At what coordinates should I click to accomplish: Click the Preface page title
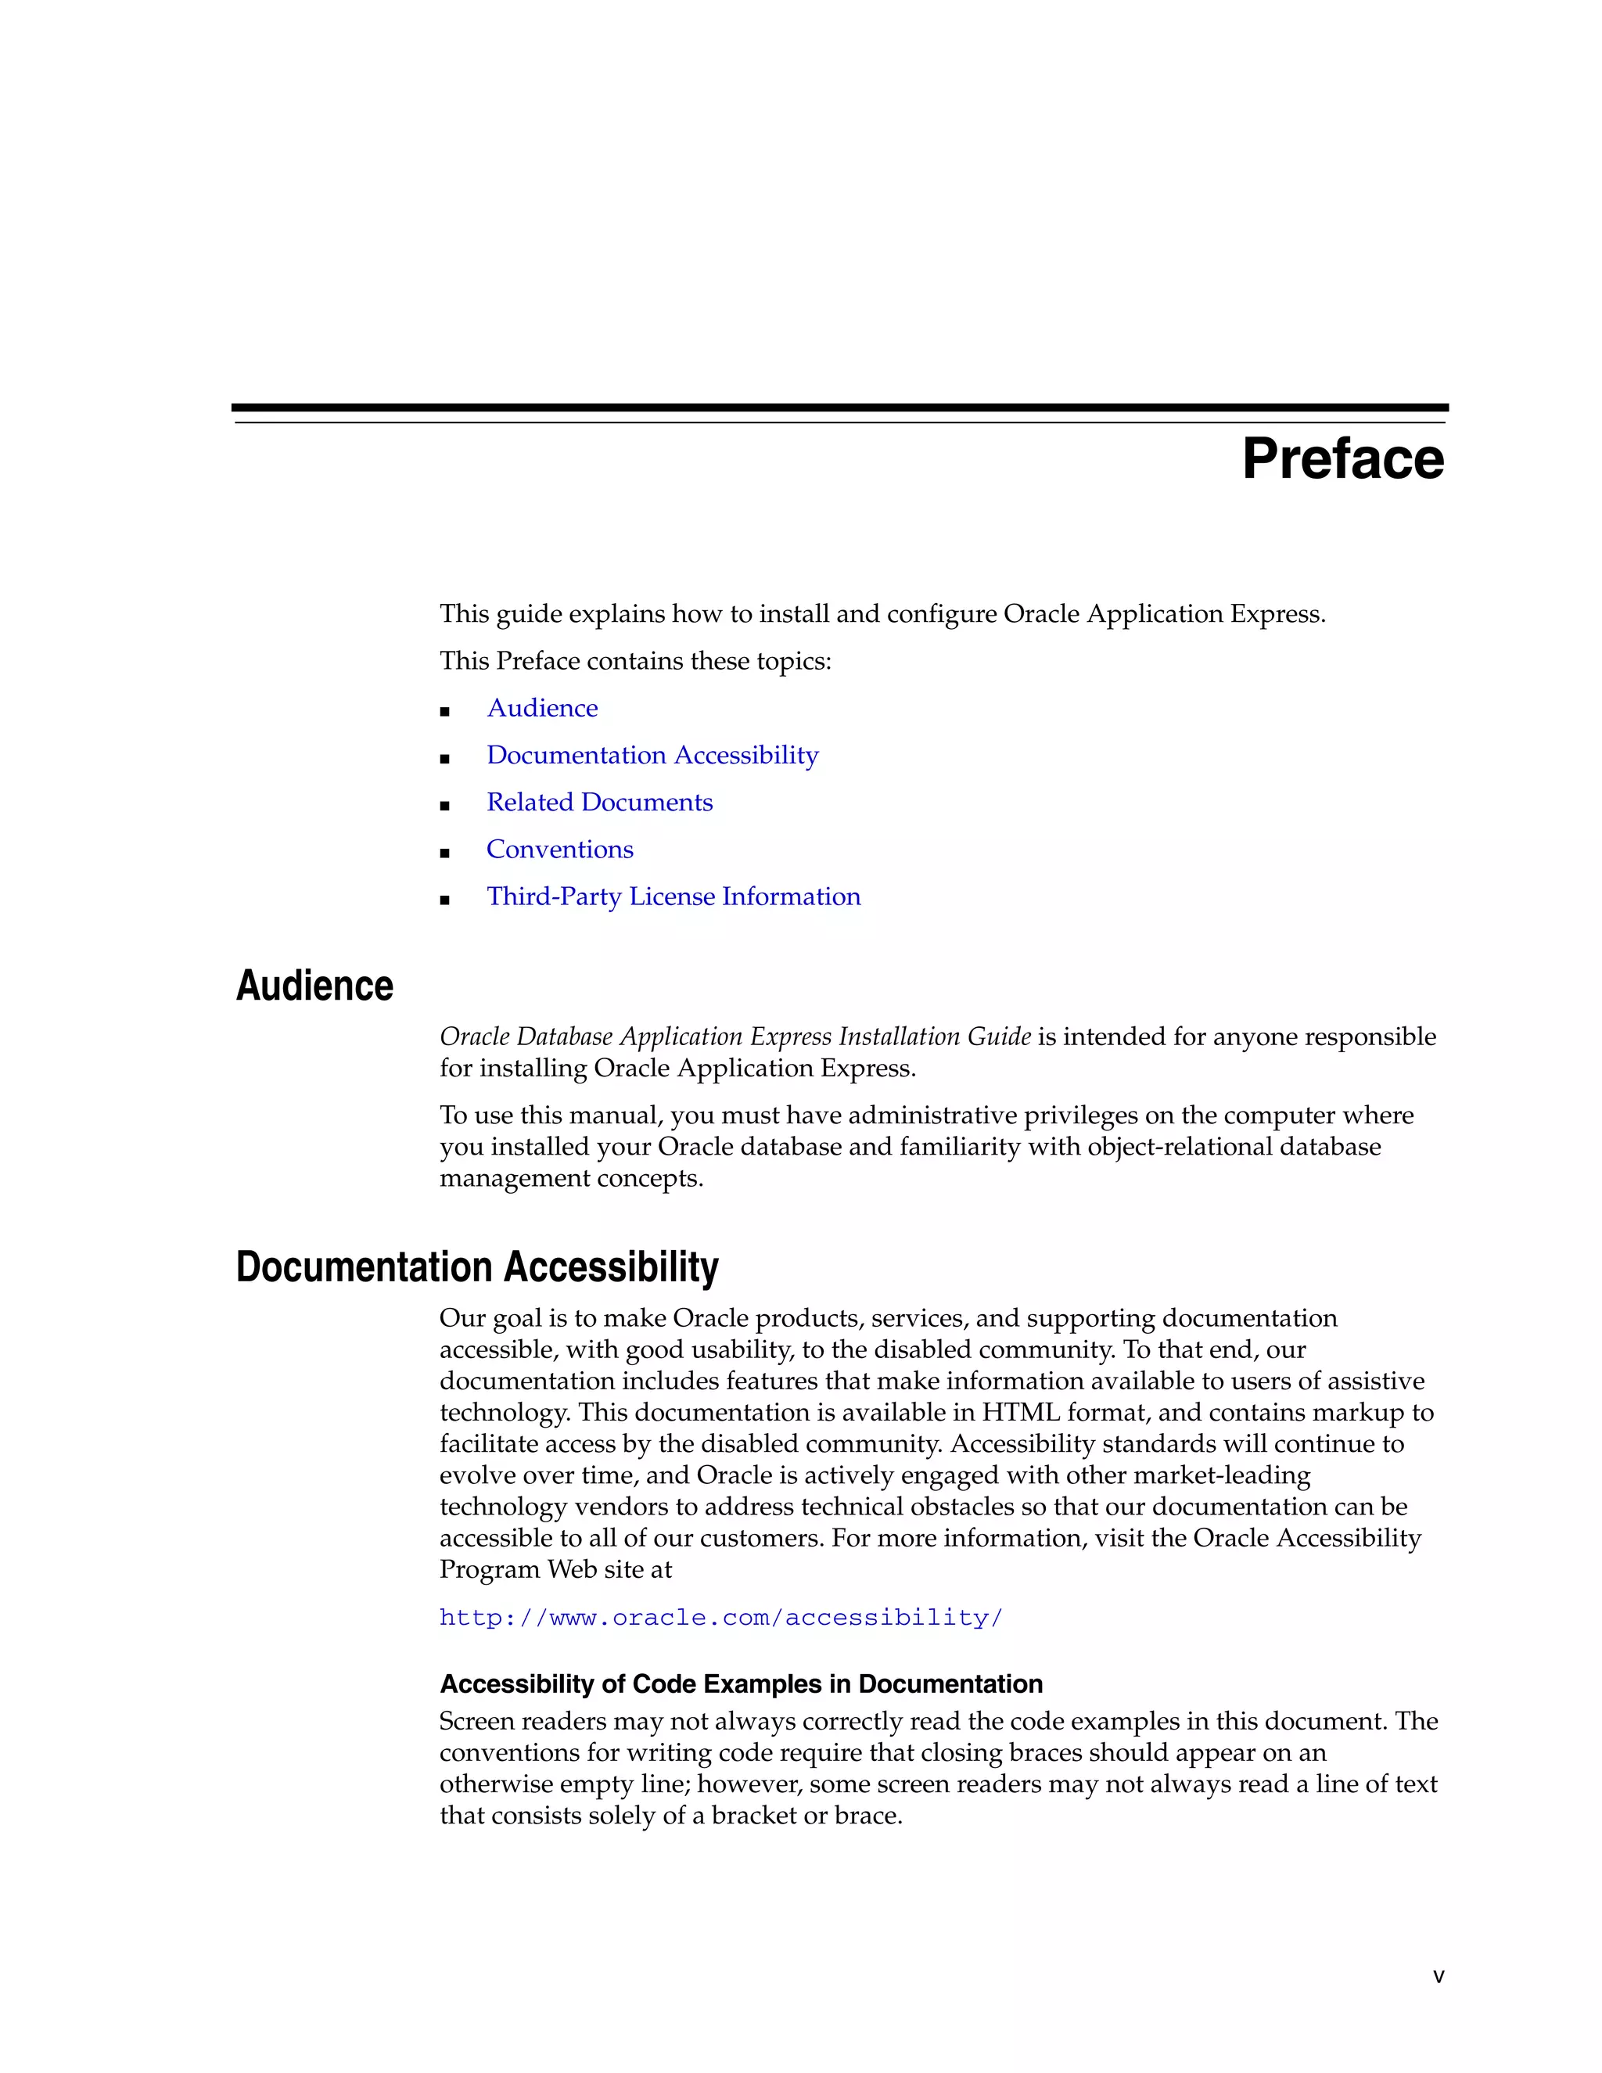coord(1342,459)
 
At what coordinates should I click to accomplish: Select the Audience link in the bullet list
coord(542,708)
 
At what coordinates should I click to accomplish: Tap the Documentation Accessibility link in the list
coord(652,756)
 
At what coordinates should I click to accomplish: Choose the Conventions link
coord(560,850)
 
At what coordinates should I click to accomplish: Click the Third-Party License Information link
coord(673,897)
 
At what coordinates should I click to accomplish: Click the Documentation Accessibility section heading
coord(476,1267)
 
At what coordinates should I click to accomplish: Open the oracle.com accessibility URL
coord(720,1618)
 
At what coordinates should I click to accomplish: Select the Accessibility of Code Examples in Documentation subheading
coord(740,1684)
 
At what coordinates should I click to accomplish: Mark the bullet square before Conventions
coord(444,853)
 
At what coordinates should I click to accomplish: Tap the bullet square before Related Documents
coord(444,806)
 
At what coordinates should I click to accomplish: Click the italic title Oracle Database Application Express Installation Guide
coord(735,1036)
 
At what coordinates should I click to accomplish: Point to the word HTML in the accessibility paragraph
coord(1019,1412)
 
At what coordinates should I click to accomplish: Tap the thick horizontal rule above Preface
coord(839,408)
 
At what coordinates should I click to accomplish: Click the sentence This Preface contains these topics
coord(635,661)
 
